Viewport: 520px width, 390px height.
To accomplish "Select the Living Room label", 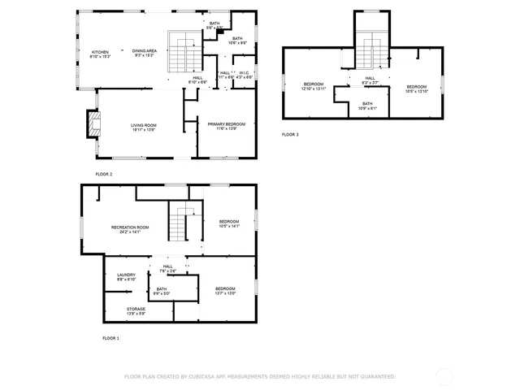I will coord(144,125).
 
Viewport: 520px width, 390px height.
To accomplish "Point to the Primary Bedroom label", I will coord(222,125).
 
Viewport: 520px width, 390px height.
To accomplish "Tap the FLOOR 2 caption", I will coord(103,174).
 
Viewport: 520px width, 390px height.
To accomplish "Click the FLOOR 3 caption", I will coord(290,134).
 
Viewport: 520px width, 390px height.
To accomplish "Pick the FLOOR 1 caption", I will coord(110,337).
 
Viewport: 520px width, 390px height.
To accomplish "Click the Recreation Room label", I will coord(129,227).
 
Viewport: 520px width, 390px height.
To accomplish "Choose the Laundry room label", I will coord(126,275).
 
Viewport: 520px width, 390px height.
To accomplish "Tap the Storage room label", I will coord(136,309).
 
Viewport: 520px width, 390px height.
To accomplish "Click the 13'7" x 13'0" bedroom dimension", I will coord(225,293).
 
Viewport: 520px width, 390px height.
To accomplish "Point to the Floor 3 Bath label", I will coord(367,103).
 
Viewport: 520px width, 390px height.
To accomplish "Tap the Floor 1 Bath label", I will coord(162,288).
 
